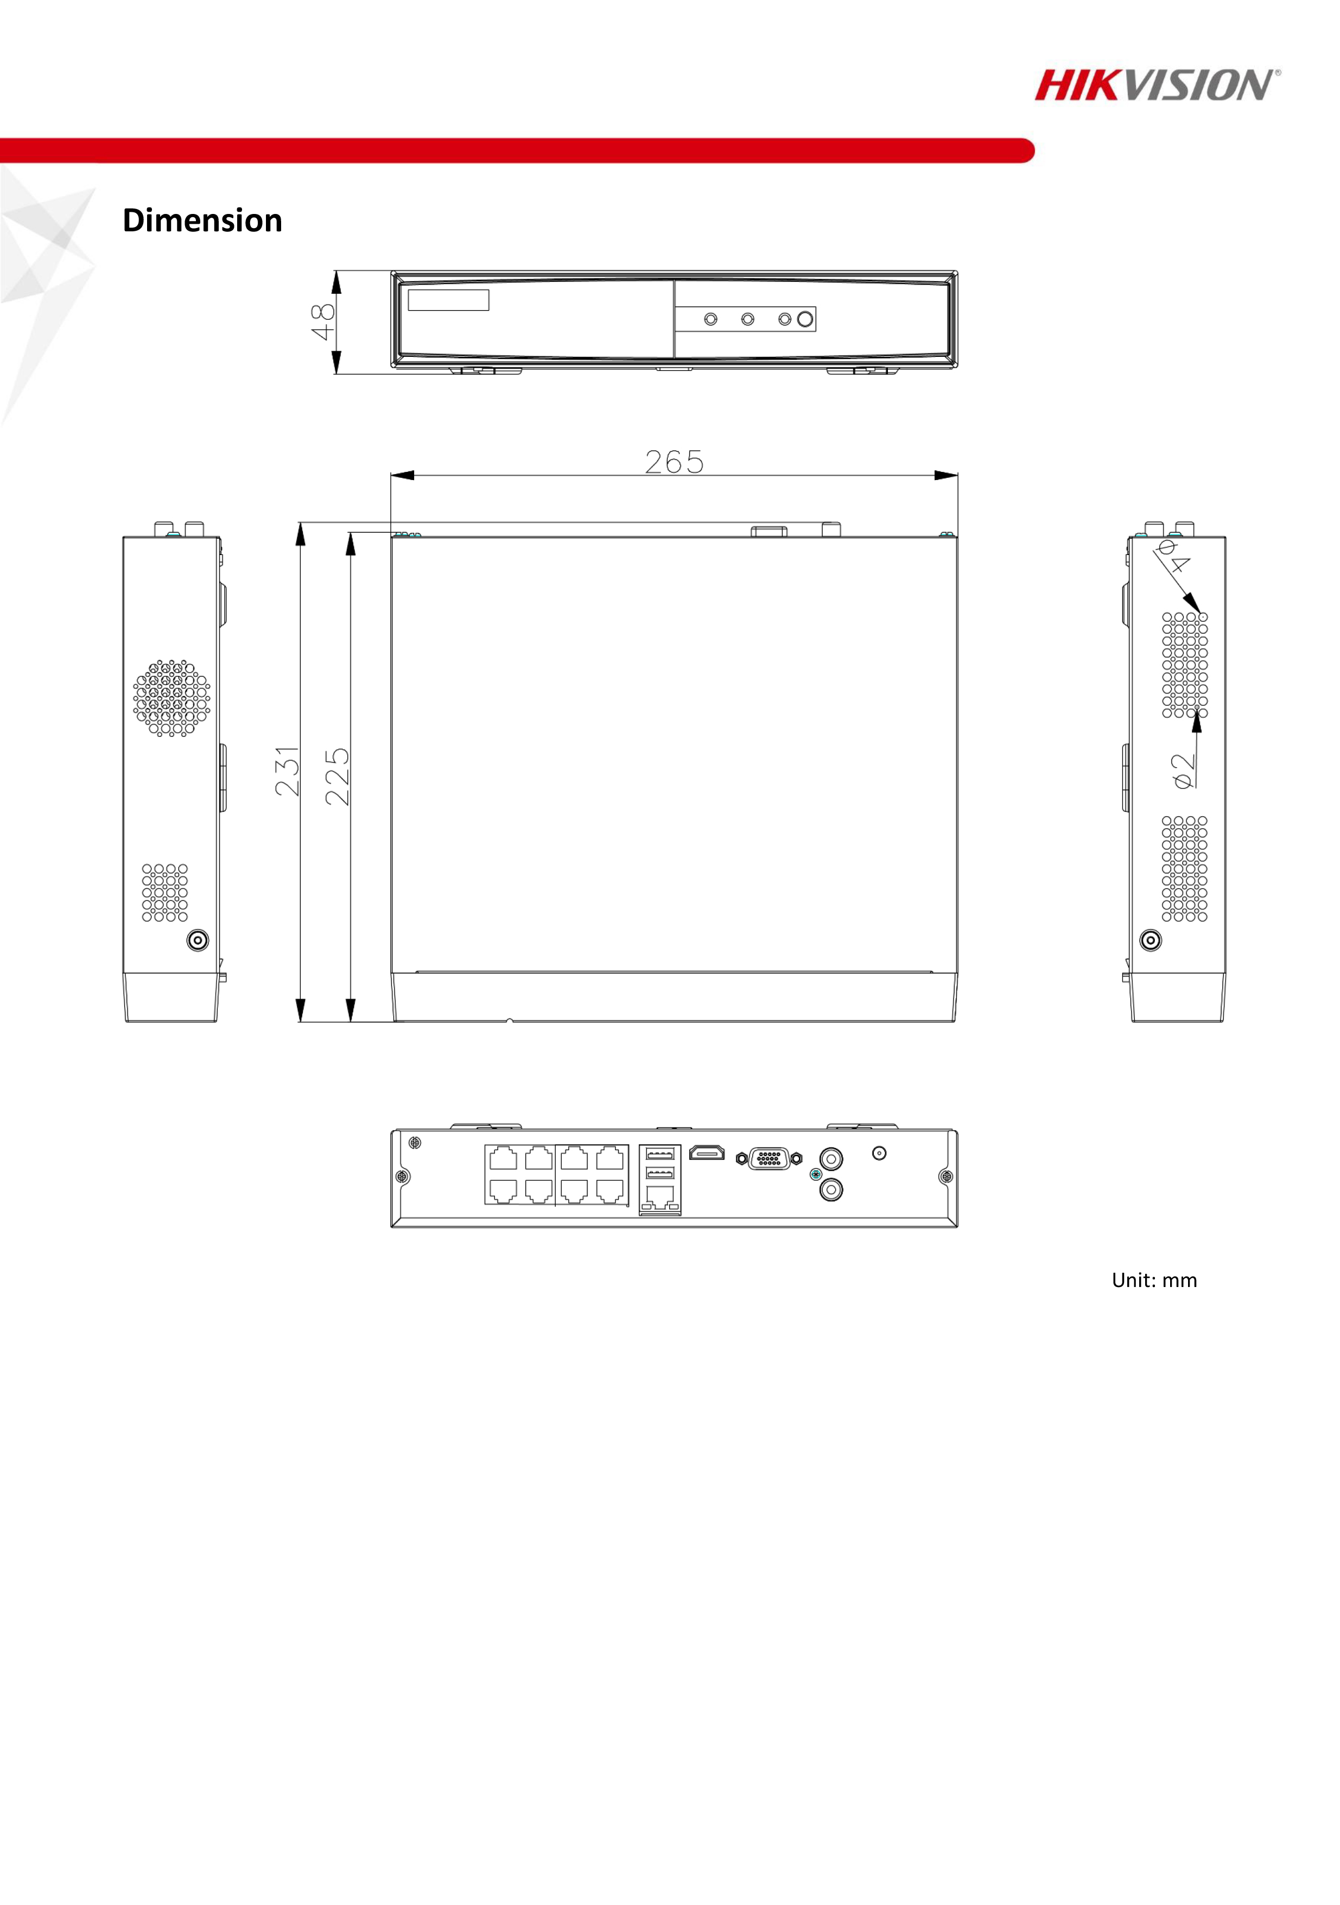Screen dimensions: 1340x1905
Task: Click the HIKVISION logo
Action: click(x=1157, y=85)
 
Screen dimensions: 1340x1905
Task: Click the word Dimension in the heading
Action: click(x=202, y=220)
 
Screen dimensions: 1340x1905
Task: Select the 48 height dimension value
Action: click(x=322, y=321)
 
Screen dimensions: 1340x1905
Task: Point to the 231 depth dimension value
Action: click(x=287, y=771)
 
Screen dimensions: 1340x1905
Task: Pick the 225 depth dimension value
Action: click(x=338, y=777)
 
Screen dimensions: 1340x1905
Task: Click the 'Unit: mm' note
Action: click(x=1154, y=1280)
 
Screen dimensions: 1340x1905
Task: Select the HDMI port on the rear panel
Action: click(x=707, y=1152)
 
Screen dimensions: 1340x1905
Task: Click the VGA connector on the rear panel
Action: click(x=769, y=1158)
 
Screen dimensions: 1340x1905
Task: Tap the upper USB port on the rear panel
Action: click(x=660, y=1154)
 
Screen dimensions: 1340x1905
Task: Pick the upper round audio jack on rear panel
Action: click(x=831, y=1158)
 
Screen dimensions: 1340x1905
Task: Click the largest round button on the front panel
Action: click(x=804, y=319)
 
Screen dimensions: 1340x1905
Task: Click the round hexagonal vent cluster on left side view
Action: click(x=172, y=698)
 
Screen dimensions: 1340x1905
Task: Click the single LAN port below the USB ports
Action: click(x=660, y=1197)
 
